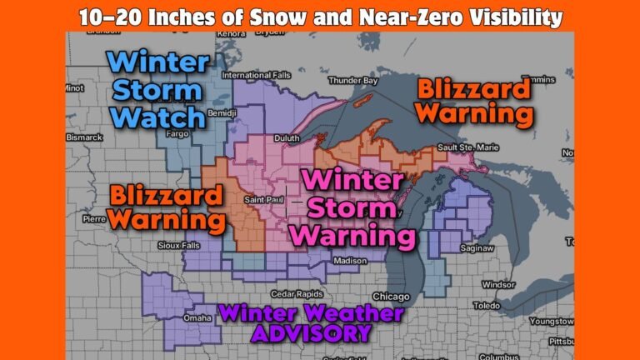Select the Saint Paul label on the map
262,200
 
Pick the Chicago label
392,297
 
